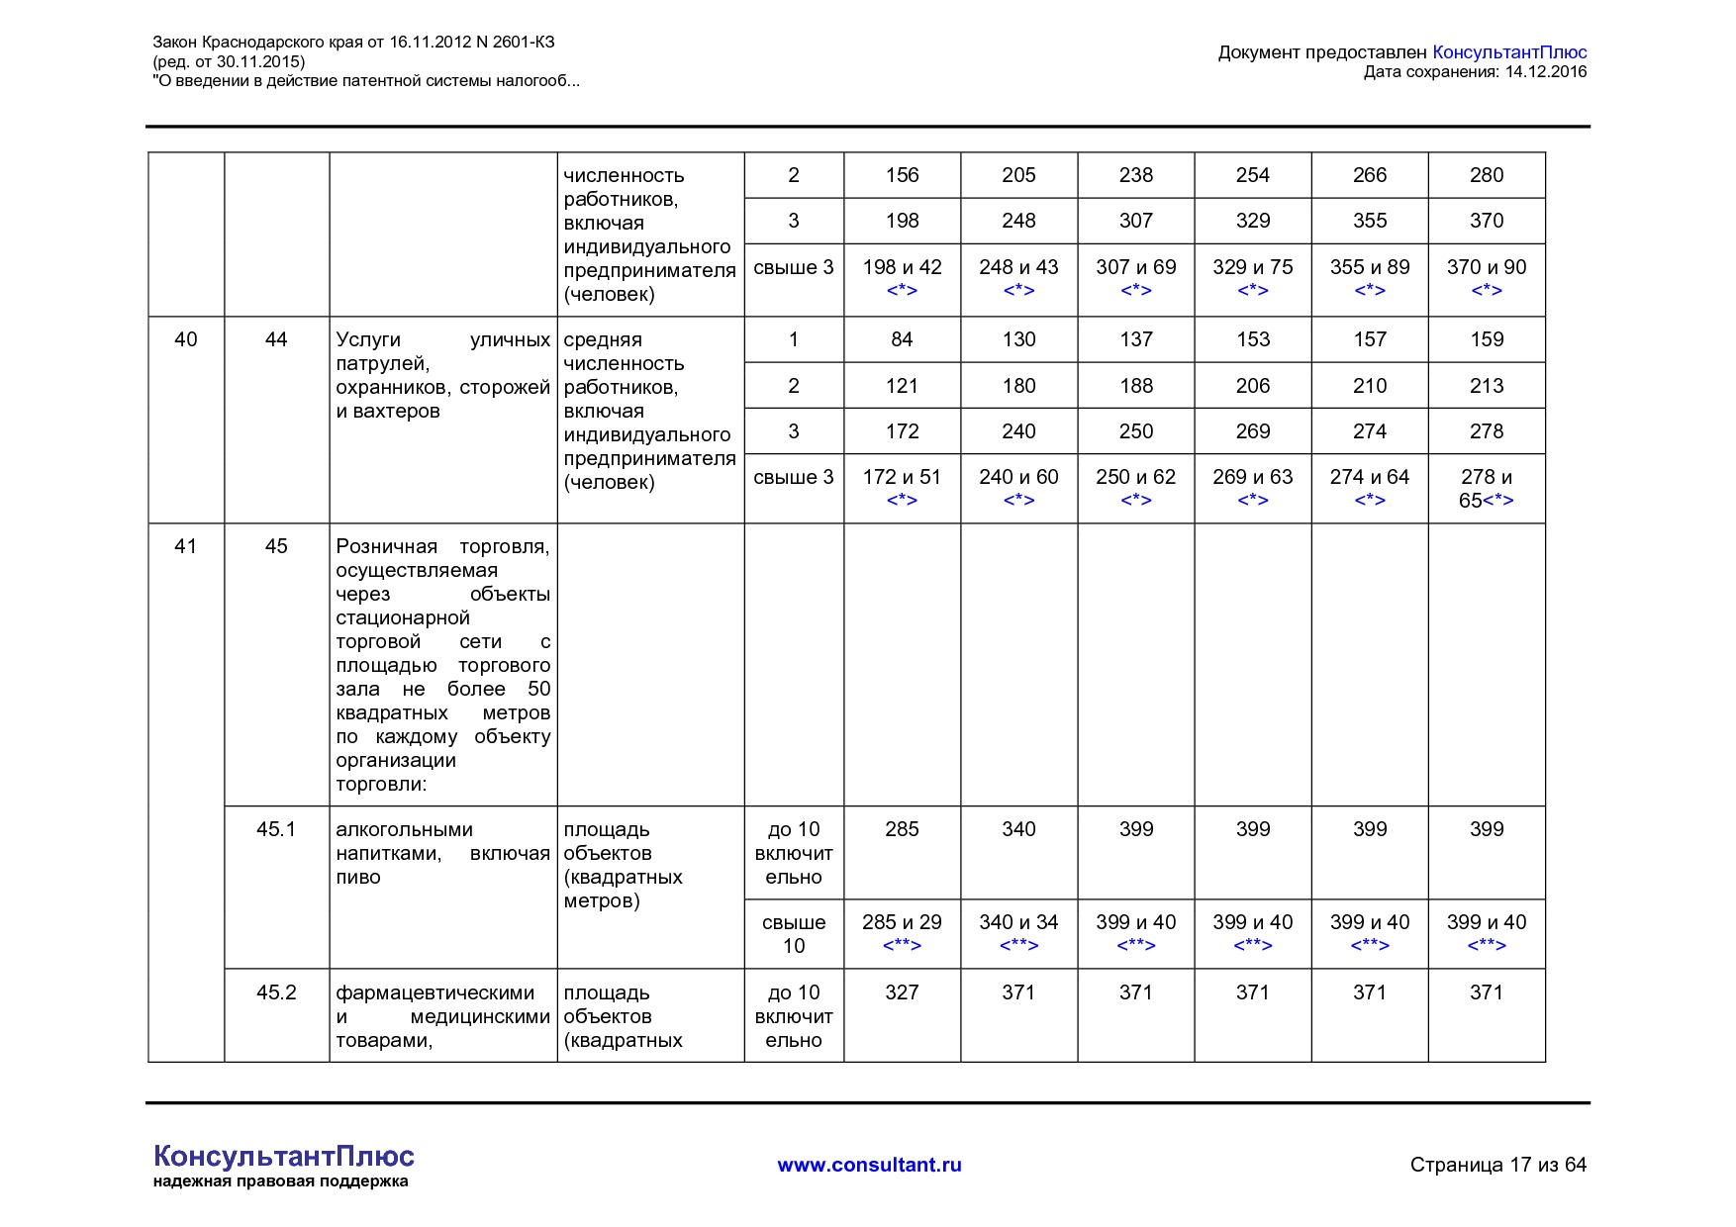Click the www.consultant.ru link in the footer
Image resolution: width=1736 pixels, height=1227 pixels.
869,1165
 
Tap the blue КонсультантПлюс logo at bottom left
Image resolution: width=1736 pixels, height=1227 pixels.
283,1156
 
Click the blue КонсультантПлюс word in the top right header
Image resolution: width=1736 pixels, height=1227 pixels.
1509,52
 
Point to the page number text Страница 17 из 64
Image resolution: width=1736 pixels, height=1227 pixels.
1497,1165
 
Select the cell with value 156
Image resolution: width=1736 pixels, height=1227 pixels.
902,175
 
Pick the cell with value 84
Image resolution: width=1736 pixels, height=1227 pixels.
902,339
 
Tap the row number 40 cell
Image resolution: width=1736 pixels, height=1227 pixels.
186,339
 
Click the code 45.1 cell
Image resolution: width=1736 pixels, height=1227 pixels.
276,829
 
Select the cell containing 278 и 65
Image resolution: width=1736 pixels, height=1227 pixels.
1486,489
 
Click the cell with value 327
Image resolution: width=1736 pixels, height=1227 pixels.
902,992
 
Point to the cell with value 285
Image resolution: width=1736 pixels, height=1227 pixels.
902,829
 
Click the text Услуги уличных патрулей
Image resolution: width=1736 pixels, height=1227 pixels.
442,351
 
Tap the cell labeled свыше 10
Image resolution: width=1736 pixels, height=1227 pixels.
794,934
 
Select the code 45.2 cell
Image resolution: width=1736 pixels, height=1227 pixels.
276,992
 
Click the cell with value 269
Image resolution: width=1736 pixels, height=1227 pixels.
1252,431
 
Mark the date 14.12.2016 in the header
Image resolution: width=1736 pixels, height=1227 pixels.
1545,71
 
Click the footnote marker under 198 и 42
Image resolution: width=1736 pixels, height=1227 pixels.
902,290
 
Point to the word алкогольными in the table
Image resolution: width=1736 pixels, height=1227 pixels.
404,829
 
